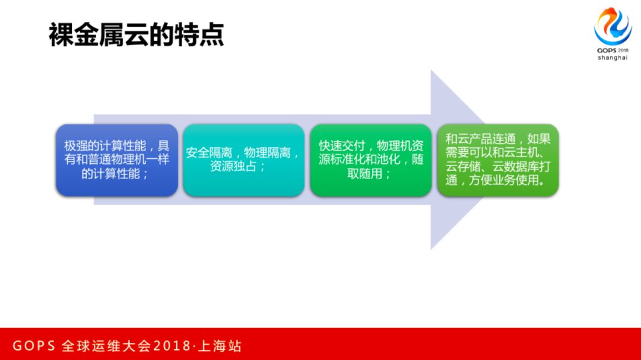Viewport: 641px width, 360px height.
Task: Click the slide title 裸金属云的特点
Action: pyautogui.click(x=136, y=35)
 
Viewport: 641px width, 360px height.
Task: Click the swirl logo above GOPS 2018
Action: pyautogui.click(x=613, y=26)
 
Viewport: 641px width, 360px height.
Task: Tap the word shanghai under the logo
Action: pyautogui.click(x=613, y=58)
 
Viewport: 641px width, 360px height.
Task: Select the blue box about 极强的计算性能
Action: pyautogui.click(x=117, y=160)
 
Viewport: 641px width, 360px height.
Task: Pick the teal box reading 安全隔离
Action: pyautogui.click(x=244, y=160)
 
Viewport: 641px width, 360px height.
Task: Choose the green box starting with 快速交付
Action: pyautogui.click(x=371, y=160)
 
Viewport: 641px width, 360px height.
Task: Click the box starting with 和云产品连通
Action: pyautogui.click(x=498, y=160)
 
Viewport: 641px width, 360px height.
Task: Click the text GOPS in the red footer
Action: pyautogui.click(x=34, y=346)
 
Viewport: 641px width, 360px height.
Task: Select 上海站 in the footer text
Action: pyautogui.click(x=221, y=346)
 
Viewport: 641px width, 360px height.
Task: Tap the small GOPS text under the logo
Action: pyautogui.click(x=606, y=50)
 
